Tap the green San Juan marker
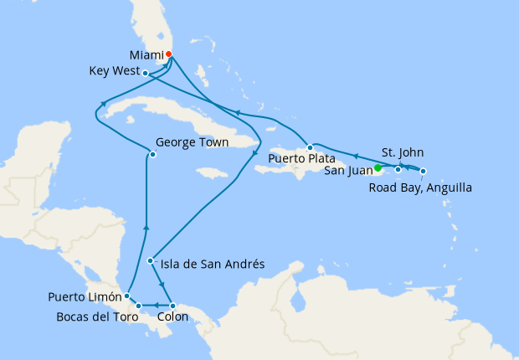[x=378, y=167]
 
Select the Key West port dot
[x=146, y=73]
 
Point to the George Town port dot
[x=152, y=154]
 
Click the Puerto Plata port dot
[x=310, y=147]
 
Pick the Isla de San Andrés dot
[x=150, y=260]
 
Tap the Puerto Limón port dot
[x=126, y=296]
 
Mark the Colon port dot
[x=172, y=306]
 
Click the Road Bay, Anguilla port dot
[x=423, y=172]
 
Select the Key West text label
[x=113, y=72]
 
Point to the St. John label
[x=402, y=153]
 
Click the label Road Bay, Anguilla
[x=420, y=188]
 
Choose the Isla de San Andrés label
[x=213, y=264]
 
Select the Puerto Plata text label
[x=302, y=158]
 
